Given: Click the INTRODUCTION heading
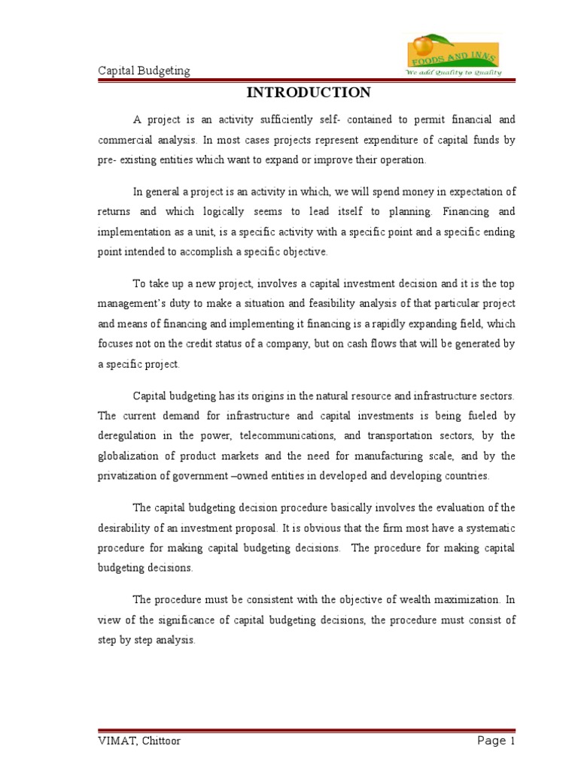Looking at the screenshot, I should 309,92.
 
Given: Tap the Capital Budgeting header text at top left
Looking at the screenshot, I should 144,71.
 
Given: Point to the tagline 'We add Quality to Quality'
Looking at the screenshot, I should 454,73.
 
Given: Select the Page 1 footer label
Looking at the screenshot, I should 496,741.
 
